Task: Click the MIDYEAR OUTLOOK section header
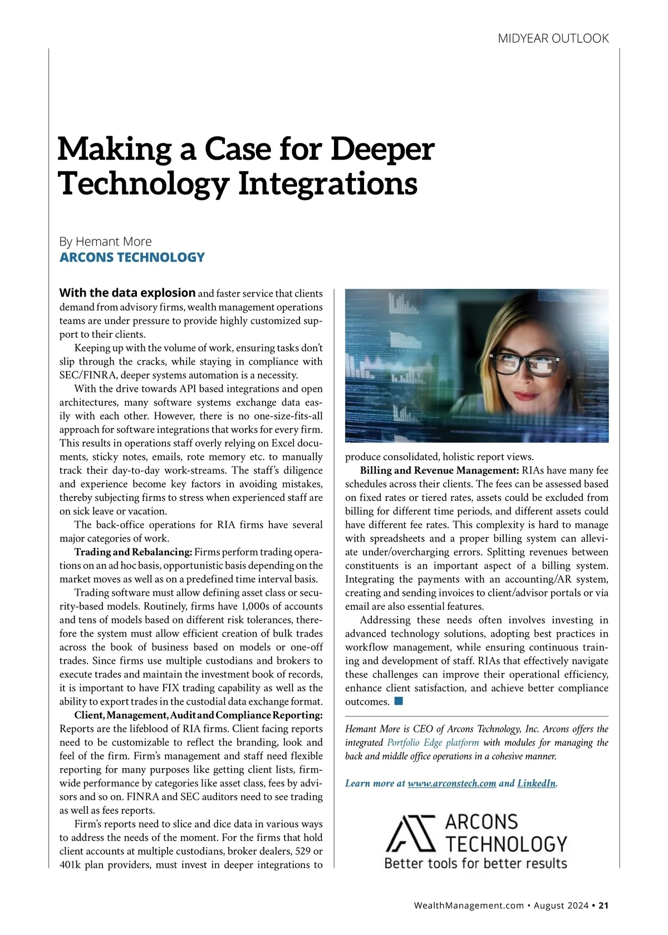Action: point(553,38)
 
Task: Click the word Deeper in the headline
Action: point(382,149)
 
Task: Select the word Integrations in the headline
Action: point(328,184)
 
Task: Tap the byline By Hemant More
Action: point(105,242)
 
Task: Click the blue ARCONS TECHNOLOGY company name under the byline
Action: point(132,257)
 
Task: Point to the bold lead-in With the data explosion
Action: point(127,293)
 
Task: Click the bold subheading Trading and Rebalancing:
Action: point(134,552)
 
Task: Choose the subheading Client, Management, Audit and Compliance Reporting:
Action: point(198,715)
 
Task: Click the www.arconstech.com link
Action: point(451,784)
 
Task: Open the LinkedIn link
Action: point(537,784)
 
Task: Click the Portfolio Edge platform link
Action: point(433,742)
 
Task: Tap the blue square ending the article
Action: point(398,701)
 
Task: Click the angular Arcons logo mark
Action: point(410,833)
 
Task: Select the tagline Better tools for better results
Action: point(475,864)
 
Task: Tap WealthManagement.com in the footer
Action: point(469,906)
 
